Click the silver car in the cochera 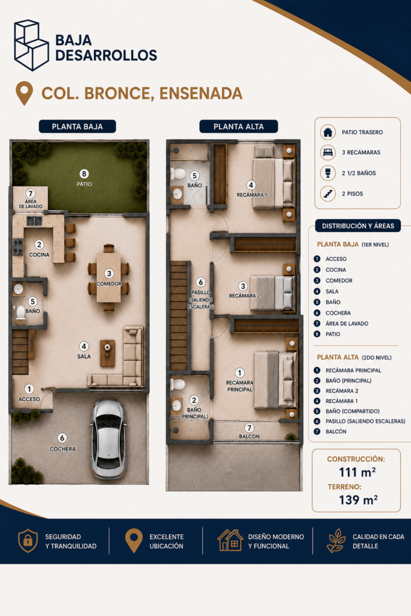108,439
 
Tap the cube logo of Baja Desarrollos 31,45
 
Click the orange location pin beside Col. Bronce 24,93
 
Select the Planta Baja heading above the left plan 78,126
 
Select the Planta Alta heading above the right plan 238,126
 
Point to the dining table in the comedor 109,277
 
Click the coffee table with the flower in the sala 107,353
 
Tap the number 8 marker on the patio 84,174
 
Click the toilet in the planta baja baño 20,313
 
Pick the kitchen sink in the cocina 34,221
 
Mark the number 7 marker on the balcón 249,428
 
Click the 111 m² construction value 357,472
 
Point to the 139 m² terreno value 358,500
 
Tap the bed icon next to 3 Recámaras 328,152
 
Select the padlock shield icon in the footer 28,541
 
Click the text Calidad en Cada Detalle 379,541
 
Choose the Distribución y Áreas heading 358,226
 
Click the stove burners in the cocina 18,247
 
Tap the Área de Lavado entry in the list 347,323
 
